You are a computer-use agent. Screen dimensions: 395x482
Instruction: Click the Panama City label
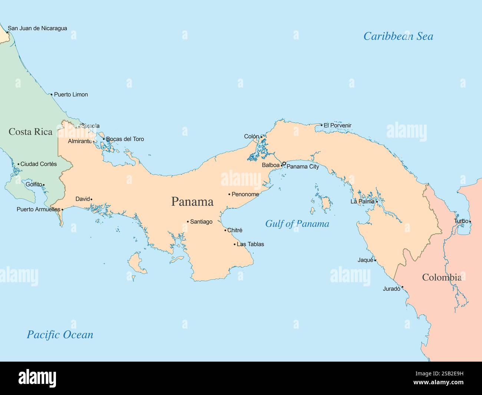[303, 167]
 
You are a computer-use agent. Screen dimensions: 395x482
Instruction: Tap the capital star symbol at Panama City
[284, 164]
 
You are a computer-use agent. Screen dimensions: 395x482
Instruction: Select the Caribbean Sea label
[398, 36]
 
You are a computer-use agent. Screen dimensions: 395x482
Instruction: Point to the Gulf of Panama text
[297, 224]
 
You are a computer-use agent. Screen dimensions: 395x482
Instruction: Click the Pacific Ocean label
[60, 335]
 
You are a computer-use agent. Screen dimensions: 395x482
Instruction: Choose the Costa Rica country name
[30, 132]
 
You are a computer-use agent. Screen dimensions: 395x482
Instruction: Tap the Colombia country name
[442, 277]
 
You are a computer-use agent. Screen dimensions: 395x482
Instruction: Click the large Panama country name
[192, 201]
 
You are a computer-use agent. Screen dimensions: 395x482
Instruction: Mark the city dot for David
[91, 199]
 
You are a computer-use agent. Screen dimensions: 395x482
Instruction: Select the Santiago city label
[201, 222]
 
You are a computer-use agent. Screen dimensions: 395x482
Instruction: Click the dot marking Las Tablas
[234, 244]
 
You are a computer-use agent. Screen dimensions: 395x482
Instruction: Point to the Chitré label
[235, 230]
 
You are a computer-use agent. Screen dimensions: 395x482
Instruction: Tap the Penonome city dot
[229, 194]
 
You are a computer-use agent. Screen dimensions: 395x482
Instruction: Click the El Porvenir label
[337, 125]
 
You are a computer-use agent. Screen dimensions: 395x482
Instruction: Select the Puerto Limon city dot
[52, 94]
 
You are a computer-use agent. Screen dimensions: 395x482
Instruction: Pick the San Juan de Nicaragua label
[37, 28]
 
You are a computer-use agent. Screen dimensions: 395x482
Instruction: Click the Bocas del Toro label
[125, 139]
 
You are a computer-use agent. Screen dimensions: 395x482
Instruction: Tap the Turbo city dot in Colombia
[470, 222]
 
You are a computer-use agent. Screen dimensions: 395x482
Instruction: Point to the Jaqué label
[365, 260]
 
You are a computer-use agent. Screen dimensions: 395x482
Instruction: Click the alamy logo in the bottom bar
[37, 378]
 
